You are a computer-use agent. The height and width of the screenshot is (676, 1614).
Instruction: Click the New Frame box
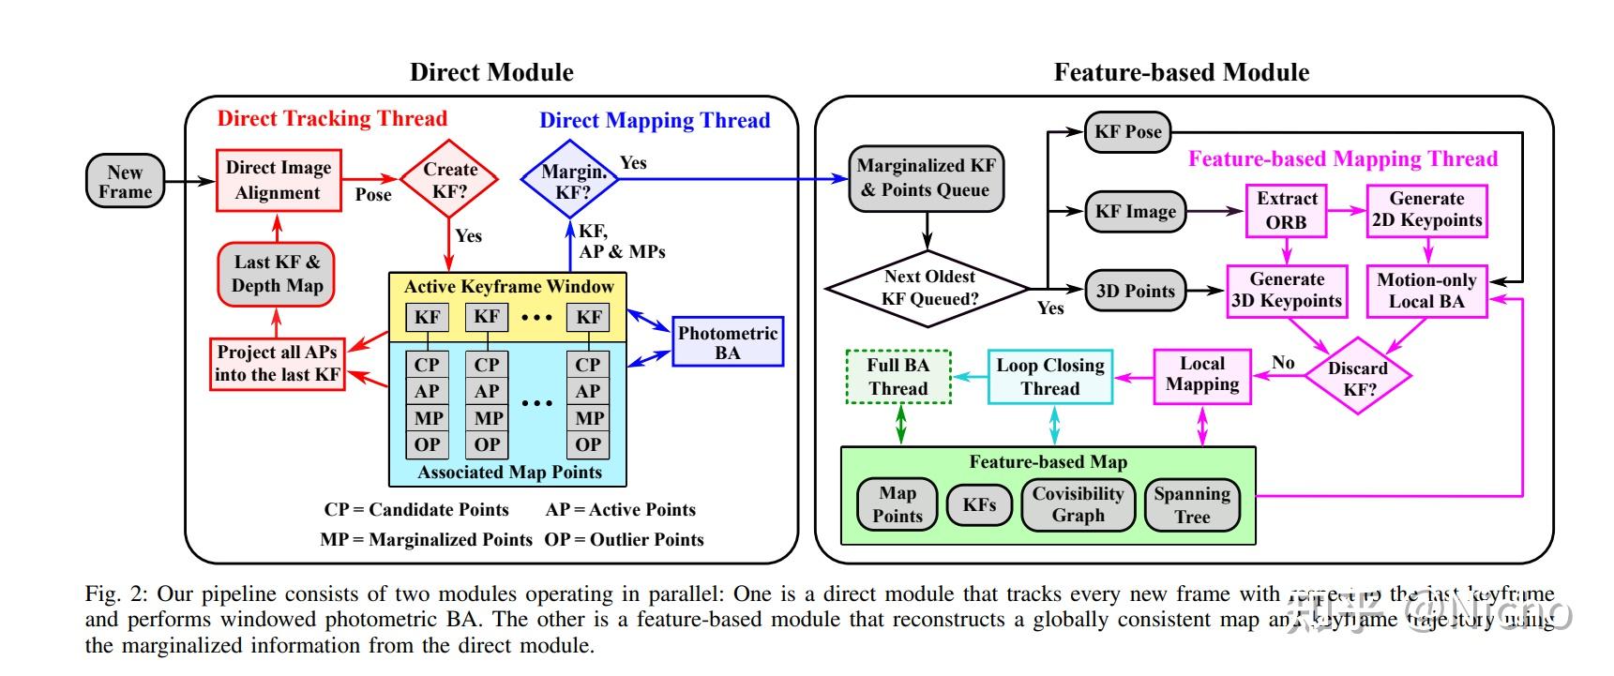[x=125, y=182]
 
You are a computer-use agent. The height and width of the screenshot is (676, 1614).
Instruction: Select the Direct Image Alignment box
[x=278, y=180]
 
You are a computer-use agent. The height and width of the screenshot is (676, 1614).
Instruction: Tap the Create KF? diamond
[x=449, y=179]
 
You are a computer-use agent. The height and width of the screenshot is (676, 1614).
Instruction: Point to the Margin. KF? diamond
[x=571, y=180]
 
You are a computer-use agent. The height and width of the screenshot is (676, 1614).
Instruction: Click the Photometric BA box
[x=728, y=342]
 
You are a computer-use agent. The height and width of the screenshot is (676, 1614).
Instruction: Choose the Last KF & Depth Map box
[x=277, y=274]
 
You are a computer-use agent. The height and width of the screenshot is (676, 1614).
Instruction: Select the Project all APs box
[x=277, y=363]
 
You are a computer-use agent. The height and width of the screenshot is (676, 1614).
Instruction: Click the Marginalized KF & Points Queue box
[x=927, y=178]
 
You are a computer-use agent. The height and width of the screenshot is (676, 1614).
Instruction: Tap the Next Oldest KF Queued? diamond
[x=928, y=288]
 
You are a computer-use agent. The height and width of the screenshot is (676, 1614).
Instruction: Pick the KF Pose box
[x=1127, y=132]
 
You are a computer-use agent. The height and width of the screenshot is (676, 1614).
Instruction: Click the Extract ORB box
[x=1286, y=211]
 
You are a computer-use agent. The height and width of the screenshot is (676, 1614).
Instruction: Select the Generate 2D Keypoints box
[x=1426, y=210]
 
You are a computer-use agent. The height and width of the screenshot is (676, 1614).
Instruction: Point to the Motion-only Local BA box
[x=1426, y=291]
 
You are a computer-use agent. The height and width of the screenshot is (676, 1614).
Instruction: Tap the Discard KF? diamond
[x=1358, y=377]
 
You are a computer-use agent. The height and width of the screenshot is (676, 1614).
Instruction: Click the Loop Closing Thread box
[x=1049, y=377]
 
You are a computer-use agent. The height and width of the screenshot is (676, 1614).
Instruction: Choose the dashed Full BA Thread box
[x=898, y=377]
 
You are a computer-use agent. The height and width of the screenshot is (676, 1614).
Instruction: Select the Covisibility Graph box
[x=1078, y=504]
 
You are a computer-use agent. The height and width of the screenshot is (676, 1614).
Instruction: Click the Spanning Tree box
[x=1192, y=504]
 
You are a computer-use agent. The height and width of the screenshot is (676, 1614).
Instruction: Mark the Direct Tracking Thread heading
[x=332, y=118]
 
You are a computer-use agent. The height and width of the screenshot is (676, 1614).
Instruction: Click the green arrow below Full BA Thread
[x=901, y=425]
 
